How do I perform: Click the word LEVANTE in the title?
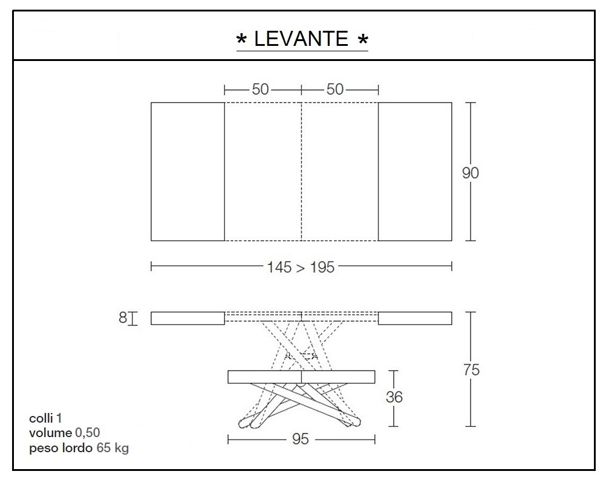click(301, 39)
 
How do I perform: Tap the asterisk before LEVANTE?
click(241, 40)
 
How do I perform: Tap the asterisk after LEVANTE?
click(363, 40)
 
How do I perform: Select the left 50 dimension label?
click(260, 89)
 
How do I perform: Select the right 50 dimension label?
click(335, 89)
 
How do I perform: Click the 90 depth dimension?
click(470, 173)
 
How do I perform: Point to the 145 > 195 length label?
click(301, 267)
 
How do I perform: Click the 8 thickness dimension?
click(123, 318)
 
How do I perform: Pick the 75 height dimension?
click(471, 370)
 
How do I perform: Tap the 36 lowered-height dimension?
click(394, 397)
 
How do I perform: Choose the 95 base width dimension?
click(300, 440)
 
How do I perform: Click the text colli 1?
click(46, 418)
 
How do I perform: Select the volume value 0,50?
click(88, 432)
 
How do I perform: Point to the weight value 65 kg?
click(112, 448)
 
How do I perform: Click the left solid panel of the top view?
click(187, 171)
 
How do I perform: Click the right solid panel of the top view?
click(415, 171)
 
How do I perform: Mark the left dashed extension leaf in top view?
click(263, 171)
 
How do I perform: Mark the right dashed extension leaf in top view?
click(339, 171)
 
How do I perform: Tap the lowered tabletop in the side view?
click(301, 376)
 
